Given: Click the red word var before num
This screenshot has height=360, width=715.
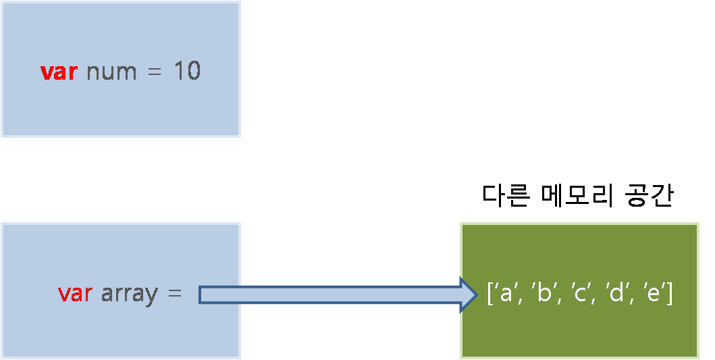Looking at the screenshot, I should click(x=60, y=72).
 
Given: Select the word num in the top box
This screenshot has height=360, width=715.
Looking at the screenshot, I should click(x=112, y=72).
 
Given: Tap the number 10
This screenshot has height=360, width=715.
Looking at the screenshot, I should click(x=187, y=72).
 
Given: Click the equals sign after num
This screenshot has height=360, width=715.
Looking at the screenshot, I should click(x=155, y=72).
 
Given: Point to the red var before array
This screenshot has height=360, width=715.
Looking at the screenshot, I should click(x=75, y=294).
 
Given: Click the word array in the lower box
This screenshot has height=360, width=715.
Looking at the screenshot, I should click(x=129, y=294).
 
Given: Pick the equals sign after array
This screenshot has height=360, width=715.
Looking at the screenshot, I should click(x=174, y=294).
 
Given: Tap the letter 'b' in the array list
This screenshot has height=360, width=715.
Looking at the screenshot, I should click(x=541, y=294).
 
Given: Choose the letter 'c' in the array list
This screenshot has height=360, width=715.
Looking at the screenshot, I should click(x=579, y=295).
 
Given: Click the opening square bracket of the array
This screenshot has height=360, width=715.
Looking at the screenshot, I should click(x=490, y=295).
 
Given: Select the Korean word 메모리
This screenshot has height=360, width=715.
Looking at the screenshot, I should click(x=576, y=195).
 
